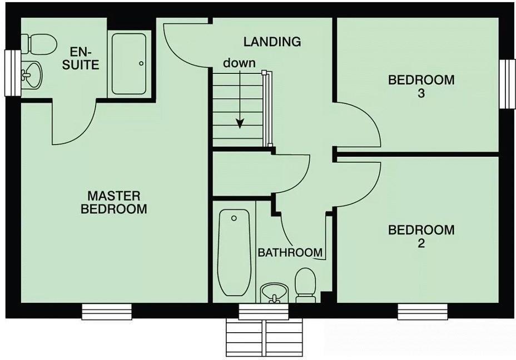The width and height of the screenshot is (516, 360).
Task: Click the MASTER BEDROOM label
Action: [114, 202]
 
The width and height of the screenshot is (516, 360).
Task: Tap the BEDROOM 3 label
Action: [421, 86]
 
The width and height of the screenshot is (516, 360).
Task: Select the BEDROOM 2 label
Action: [421, 236]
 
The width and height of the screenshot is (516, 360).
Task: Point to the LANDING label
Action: [272, 41]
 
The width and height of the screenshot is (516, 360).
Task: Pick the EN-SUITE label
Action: [85, 58]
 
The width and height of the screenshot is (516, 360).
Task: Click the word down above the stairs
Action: [239, 63]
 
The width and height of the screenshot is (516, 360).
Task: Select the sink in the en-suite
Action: [32, 74]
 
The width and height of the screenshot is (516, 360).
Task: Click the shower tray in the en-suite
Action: [129, 63]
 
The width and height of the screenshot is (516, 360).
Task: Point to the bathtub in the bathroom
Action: [234, 252]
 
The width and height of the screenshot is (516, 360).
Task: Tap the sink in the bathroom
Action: [274, 292]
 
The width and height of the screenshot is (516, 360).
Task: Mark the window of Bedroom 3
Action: [507, 84]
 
